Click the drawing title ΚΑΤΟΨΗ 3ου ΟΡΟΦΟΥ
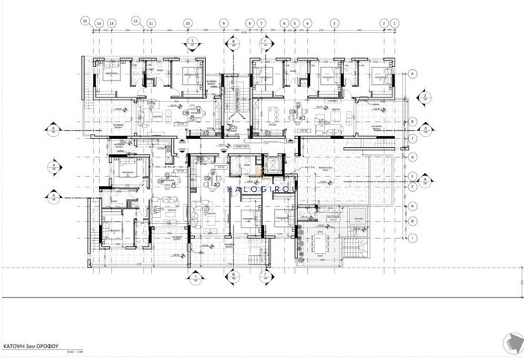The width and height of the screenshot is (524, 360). pos(27,347)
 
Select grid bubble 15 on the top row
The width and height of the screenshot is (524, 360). pos(86,20)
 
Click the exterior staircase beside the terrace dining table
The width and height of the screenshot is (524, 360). pos(356,242)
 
